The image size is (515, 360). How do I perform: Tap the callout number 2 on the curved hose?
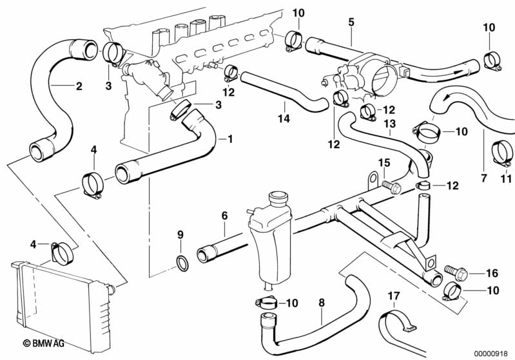click(x=79, y=85)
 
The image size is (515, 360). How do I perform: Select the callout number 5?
click(x=351, y=22)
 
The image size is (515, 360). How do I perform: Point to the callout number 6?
click(x=225, y=216)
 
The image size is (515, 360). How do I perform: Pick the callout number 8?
click(x=322, y=301)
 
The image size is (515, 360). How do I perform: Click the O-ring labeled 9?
click(x=182, y=262)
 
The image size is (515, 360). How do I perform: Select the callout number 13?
click(x=389, y=123)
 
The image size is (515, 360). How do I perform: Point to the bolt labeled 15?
click(x=390, y=186)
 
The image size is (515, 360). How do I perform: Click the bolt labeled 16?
click(x=452, y=271)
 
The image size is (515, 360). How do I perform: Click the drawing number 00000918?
click(x=493, y=352)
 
